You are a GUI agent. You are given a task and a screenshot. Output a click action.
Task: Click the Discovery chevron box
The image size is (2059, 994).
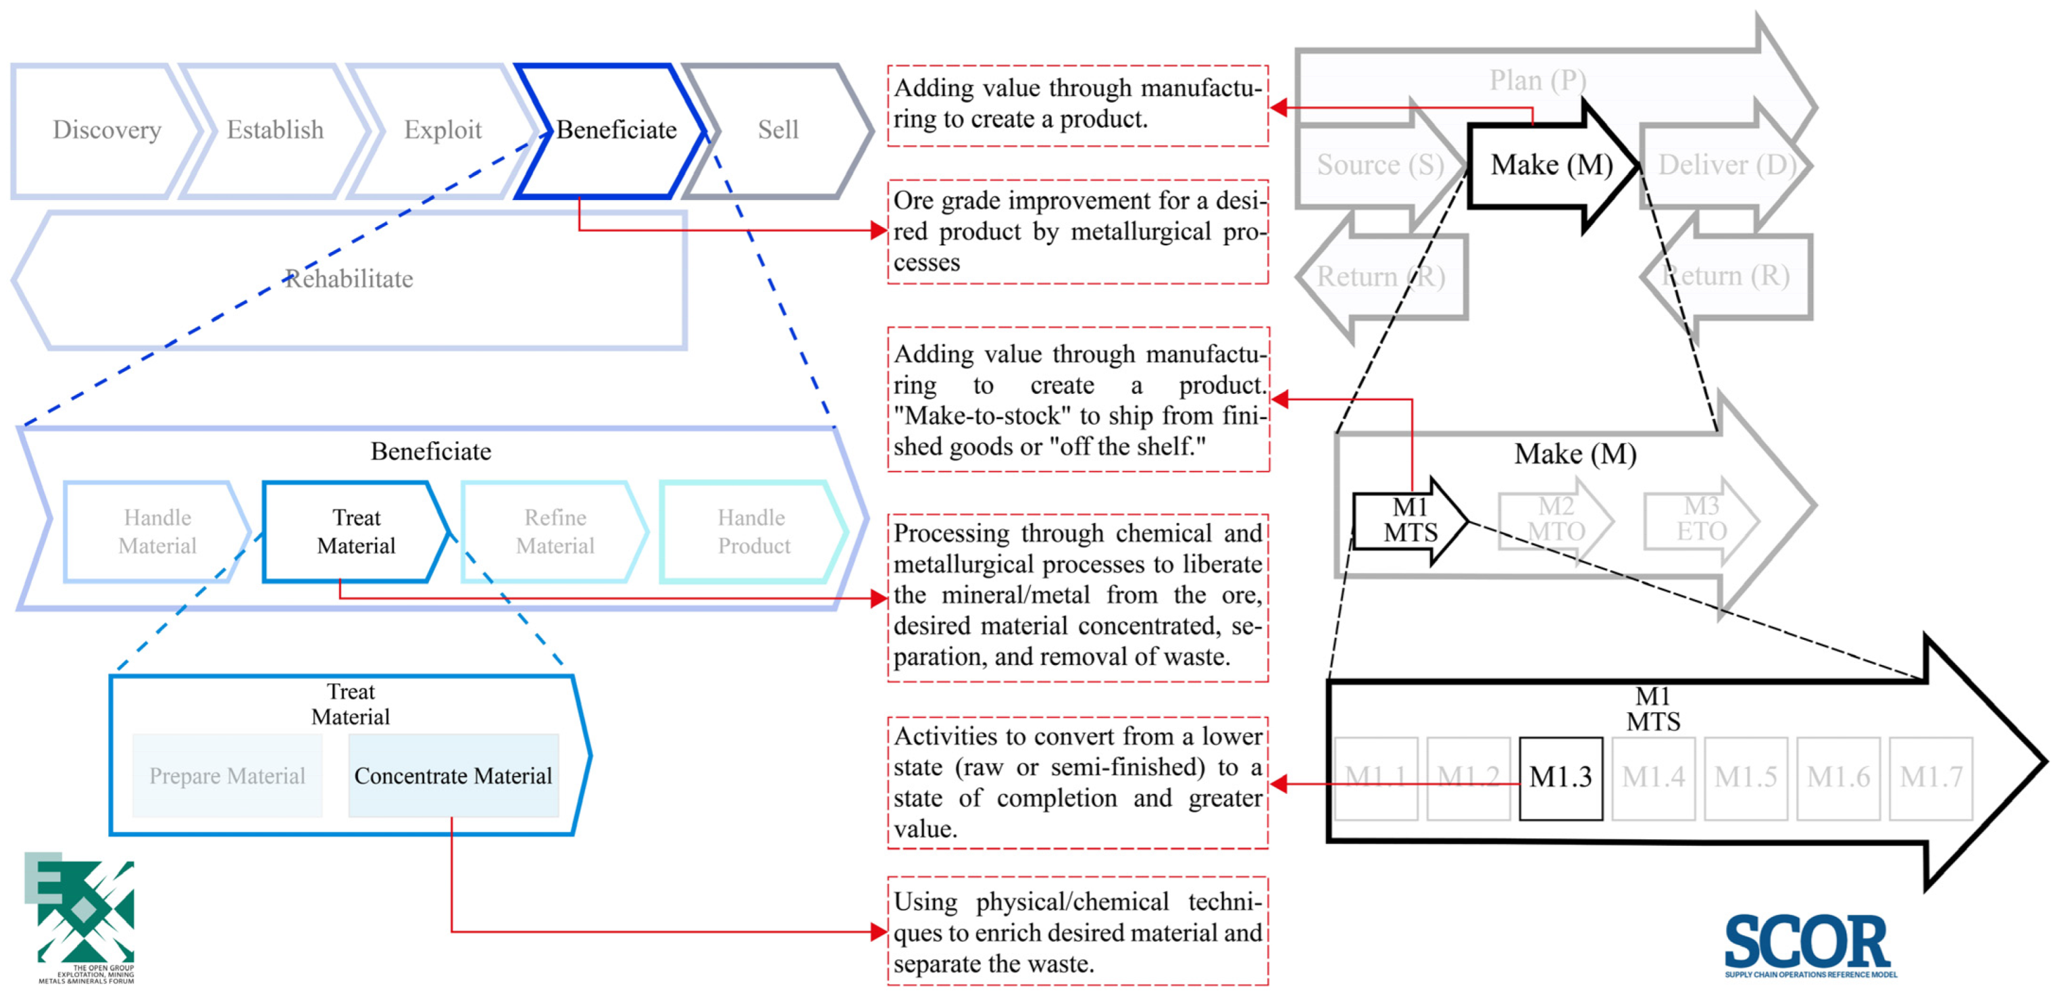point(106,130)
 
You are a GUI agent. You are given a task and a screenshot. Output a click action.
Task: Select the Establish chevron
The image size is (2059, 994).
point(275,130)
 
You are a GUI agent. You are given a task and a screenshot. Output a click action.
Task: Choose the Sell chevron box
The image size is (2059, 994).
point(778,130)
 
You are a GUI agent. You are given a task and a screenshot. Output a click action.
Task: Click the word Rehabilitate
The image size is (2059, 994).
point(349,279)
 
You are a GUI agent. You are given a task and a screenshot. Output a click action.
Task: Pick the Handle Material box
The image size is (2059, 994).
point(157,532)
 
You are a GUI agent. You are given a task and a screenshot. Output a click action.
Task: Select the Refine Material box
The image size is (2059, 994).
point(555,532)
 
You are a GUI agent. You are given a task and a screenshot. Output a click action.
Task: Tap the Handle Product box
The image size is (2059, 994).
point(753,532)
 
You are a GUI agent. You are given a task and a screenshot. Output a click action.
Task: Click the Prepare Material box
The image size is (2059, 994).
point(227,776)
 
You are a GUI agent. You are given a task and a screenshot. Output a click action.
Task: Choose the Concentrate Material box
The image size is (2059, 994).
point(453,776)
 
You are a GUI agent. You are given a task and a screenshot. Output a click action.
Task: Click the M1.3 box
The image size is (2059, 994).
point(1560,777)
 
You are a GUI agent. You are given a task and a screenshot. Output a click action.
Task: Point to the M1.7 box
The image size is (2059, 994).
point(1931,777)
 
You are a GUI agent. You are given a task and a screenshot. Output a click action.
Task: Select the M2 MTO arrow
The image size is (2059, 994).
point(1556,520)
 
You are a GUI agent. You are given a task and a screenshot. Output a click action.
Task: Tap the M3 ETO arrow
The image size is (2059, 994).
point(1701,520)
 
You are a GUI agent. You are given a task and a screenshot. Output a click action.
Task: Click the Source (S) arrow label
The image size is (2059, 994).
point(1379,165)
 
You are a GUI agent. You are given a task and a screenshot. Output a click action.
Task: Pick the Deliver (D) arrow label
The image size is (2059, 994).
point(1727,165)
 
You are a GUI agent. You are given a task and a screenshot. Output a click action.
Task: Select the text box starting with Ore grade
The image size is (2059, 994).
point(1077,232)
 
